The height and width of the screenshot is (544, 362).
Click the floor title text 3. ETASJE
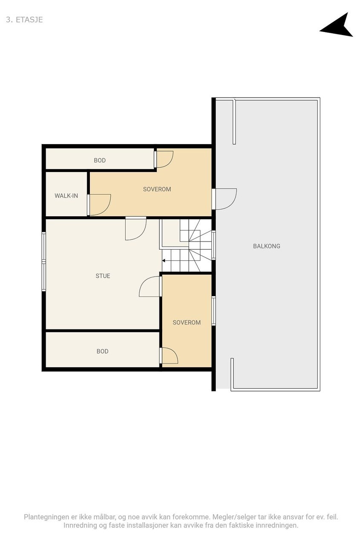coord(24,20)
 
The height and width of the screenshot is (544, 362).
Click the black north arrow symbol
coord(338,26)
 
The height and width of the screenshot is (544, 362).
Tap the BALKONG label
coord(267,246)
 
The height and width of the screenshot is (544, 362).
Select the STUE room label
coord(103,276)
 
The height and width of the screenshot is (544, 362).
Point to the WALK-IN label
coord(66,196)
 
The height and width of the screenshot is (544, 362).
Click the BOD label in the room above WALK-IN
coord(100,160)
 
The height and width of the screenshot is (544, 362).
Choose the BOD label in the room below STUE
coord(102,352)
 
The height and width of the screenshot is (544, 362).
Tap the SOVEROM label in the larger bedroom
coord(157,189)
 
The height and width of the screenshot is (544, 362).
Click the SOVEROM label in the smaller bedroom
coord(187,323)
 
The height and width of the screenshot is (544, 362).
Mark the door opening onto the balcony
coord(224,199)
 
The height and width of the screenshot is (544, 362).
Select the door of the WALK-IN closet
coord(99,205)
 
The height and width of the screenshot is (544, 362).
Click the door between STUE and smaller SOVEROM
coord(150,286)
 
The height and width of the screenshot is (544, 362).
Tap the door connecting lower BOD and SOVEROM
coord(168,355)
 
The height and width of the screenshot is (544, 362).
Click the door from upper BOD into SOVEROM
coord(164,159)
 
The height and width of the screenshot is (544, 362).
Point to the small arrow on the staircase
coord(164,260)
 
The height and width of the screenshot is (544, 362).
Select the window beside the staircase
coord(214,245)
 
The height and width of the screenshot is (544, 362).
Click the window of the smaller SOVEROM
coord(214,311)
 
